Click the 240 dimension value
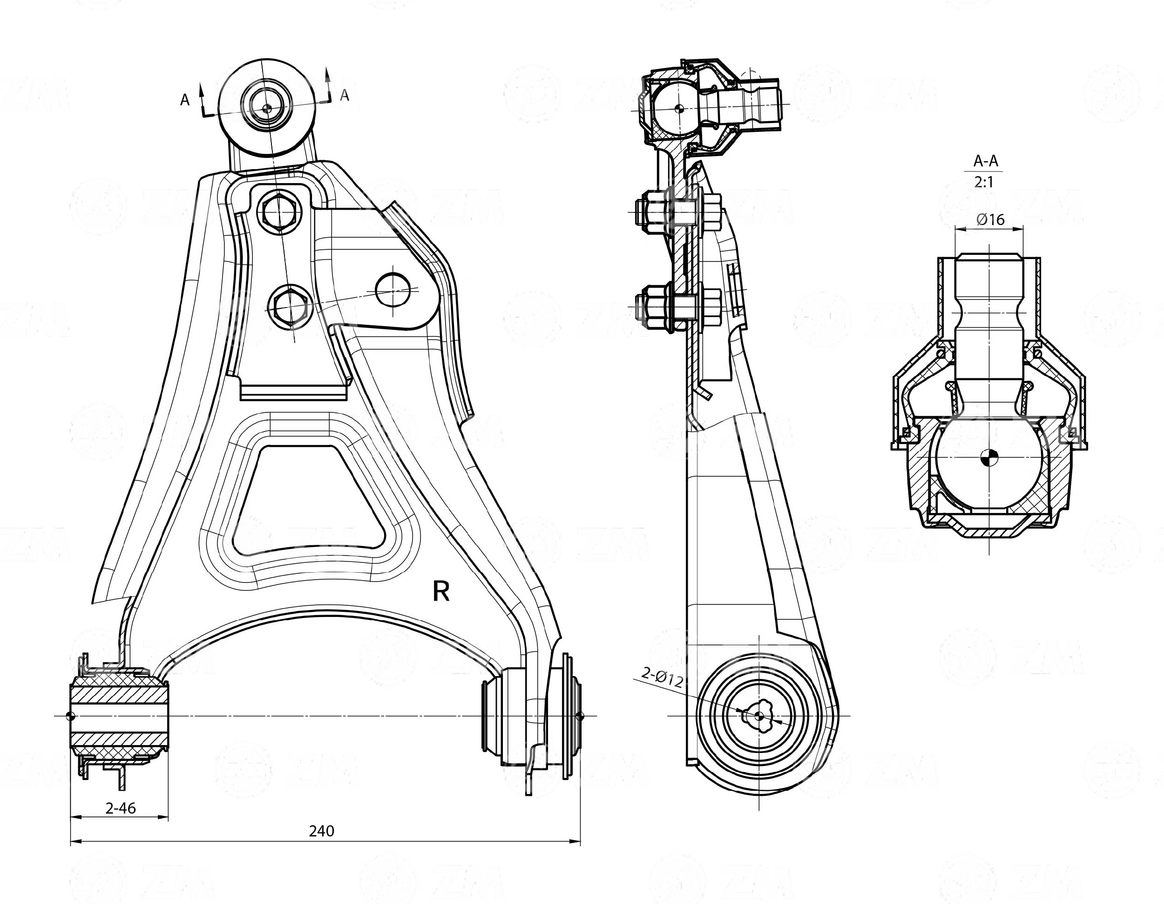[x=321, y=830]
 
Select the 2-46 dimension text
[x=121, y=808]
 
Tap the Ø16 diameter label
[x=990, y=219]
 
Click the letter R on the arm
[x=441, y=591]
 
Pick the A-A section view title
[x=986, y=161]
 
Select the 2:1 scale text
[x=984, y=182]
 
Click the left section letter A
[x=185, y=100]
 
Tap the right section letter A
[x=345, y=95]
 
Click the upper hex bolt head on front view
[x=278, y=212]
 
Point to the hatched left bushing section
[x=119, y=716]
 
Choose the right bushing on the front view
[x=530, y=716]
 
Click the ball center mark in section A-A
[x=989, y=457]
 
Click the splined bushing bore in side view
[x=759, y=716]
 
